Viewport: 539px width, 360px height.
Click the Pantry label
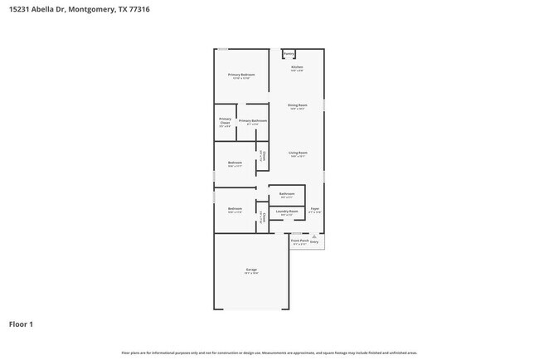289,54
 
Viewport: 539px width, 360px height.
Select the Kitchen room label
297,67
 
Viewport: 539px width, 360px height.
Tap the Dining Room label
298,105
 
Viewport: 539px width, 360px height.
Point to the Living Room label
298,153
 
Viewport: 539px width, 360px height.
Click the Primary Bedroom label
241,75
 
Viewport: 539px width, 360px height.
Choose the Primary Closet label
225,120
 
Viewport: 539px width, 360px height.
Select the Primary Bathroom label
252,121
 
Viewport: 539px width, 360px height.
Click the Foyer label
314,209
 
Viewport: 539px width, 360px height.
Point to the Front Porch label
300,241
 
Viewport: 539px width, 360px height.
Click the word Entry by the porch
314,241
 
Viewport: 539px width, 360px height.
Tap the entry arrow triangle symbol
314,236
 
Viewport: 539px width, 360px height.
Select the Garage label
251,270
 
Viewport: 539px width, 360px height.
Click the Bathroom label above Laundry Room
287,194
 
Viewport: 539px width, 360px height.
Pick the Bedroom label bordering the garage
235,208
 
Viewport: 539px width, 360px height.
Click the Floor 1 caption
22,324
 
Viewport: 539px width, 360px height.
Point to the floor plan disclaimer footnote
269,353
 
